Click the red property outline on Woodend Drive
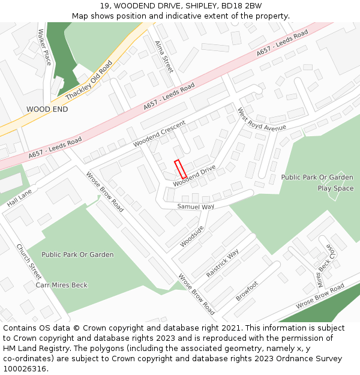click(180, 169)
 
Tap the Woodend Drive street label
click(194, 176)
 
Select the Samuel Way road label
click(196, 206)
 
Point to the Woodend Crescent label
click(160, 134)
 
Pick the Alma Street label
click(163, 57)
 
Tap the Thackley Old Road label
click(89, 80)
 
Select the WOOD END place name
click(47, 110)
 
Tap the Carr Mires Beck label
click(62, 285)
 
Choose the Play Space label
click(335, 188)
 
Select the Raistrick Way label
click(222, 263)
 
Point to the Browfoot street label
click(247, 291)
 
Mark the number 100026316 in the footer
click(25, 368)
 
